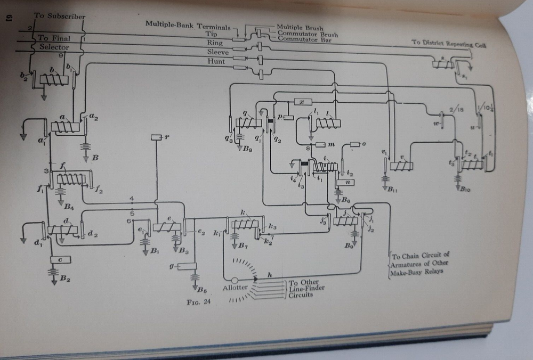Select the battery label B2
[64, 277]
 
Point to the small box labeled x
[302, 102]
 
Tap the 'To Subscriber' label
[59, 17]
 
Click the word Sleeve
[217, 52]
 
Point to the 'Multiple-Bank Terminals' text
[189, 24]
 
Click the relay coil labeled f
[71, 179]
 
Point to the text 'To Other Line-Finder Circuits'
[304, 289]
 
